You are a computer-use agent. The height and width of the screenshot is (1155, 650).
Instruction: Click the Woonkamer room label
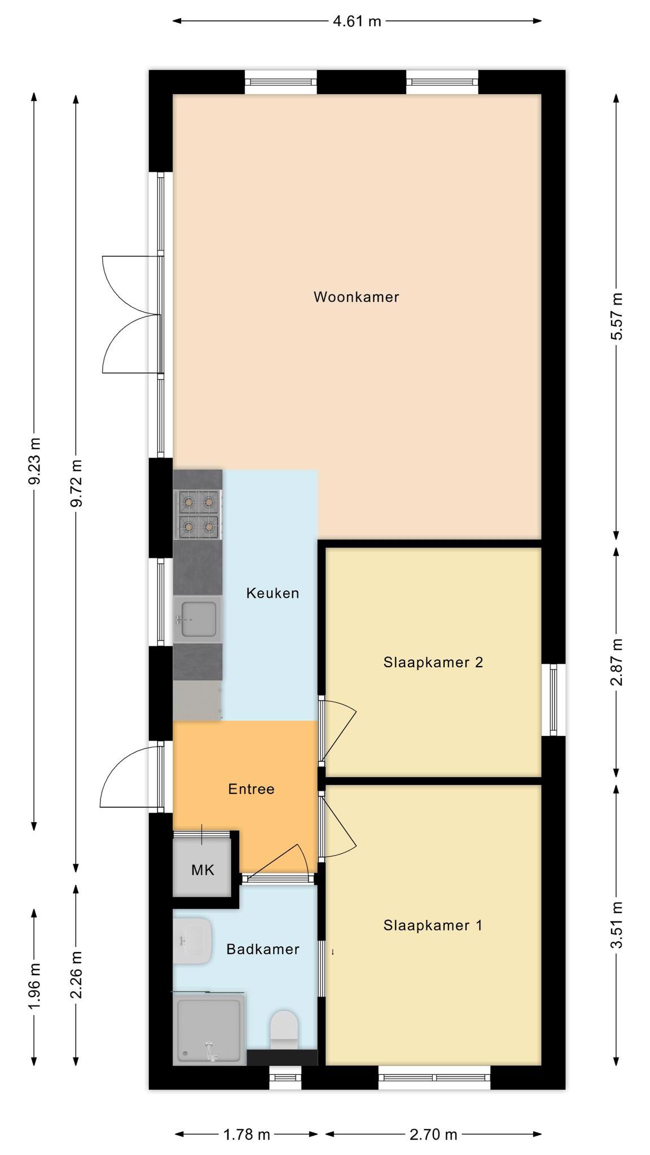click(x=356, y=297)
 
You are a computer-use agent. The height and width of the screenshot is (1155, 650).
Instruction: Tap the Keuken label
click(x=273, y=593)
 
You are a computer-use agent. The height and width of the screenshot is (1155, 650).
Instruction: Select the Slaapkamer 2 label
click(x=433, y=662)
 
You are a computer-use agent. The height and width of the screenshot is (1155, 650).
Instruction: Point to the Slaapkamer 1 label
click(x=433, y=925)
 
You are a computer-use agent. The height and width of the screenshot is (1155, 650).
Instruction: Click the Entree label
click(x=251, y=789)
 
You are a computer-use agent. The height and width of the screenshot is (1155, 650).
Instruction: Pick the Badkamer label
click(x=262, y=949)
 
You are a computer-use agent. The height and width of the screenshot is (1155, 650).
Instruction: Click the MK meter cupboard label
click(x=203, y=870)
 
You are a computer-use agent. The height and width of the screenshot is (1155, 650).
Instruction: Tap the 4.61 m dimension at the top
click(x=357, y=21)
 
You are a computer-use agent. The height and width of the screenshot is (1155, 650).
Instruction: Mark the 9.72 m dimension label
click(x=76, y=483)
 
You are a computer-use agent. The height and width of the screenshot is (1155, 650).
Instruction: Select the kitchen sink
click(x=197, y=619)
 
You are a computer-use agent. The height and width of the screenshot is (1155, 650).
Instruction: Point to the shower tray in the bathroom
click(x=209, y=1029)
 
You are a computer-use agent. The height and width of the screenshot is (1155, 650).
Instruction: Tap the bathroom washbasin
click(x=192, y=941)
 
